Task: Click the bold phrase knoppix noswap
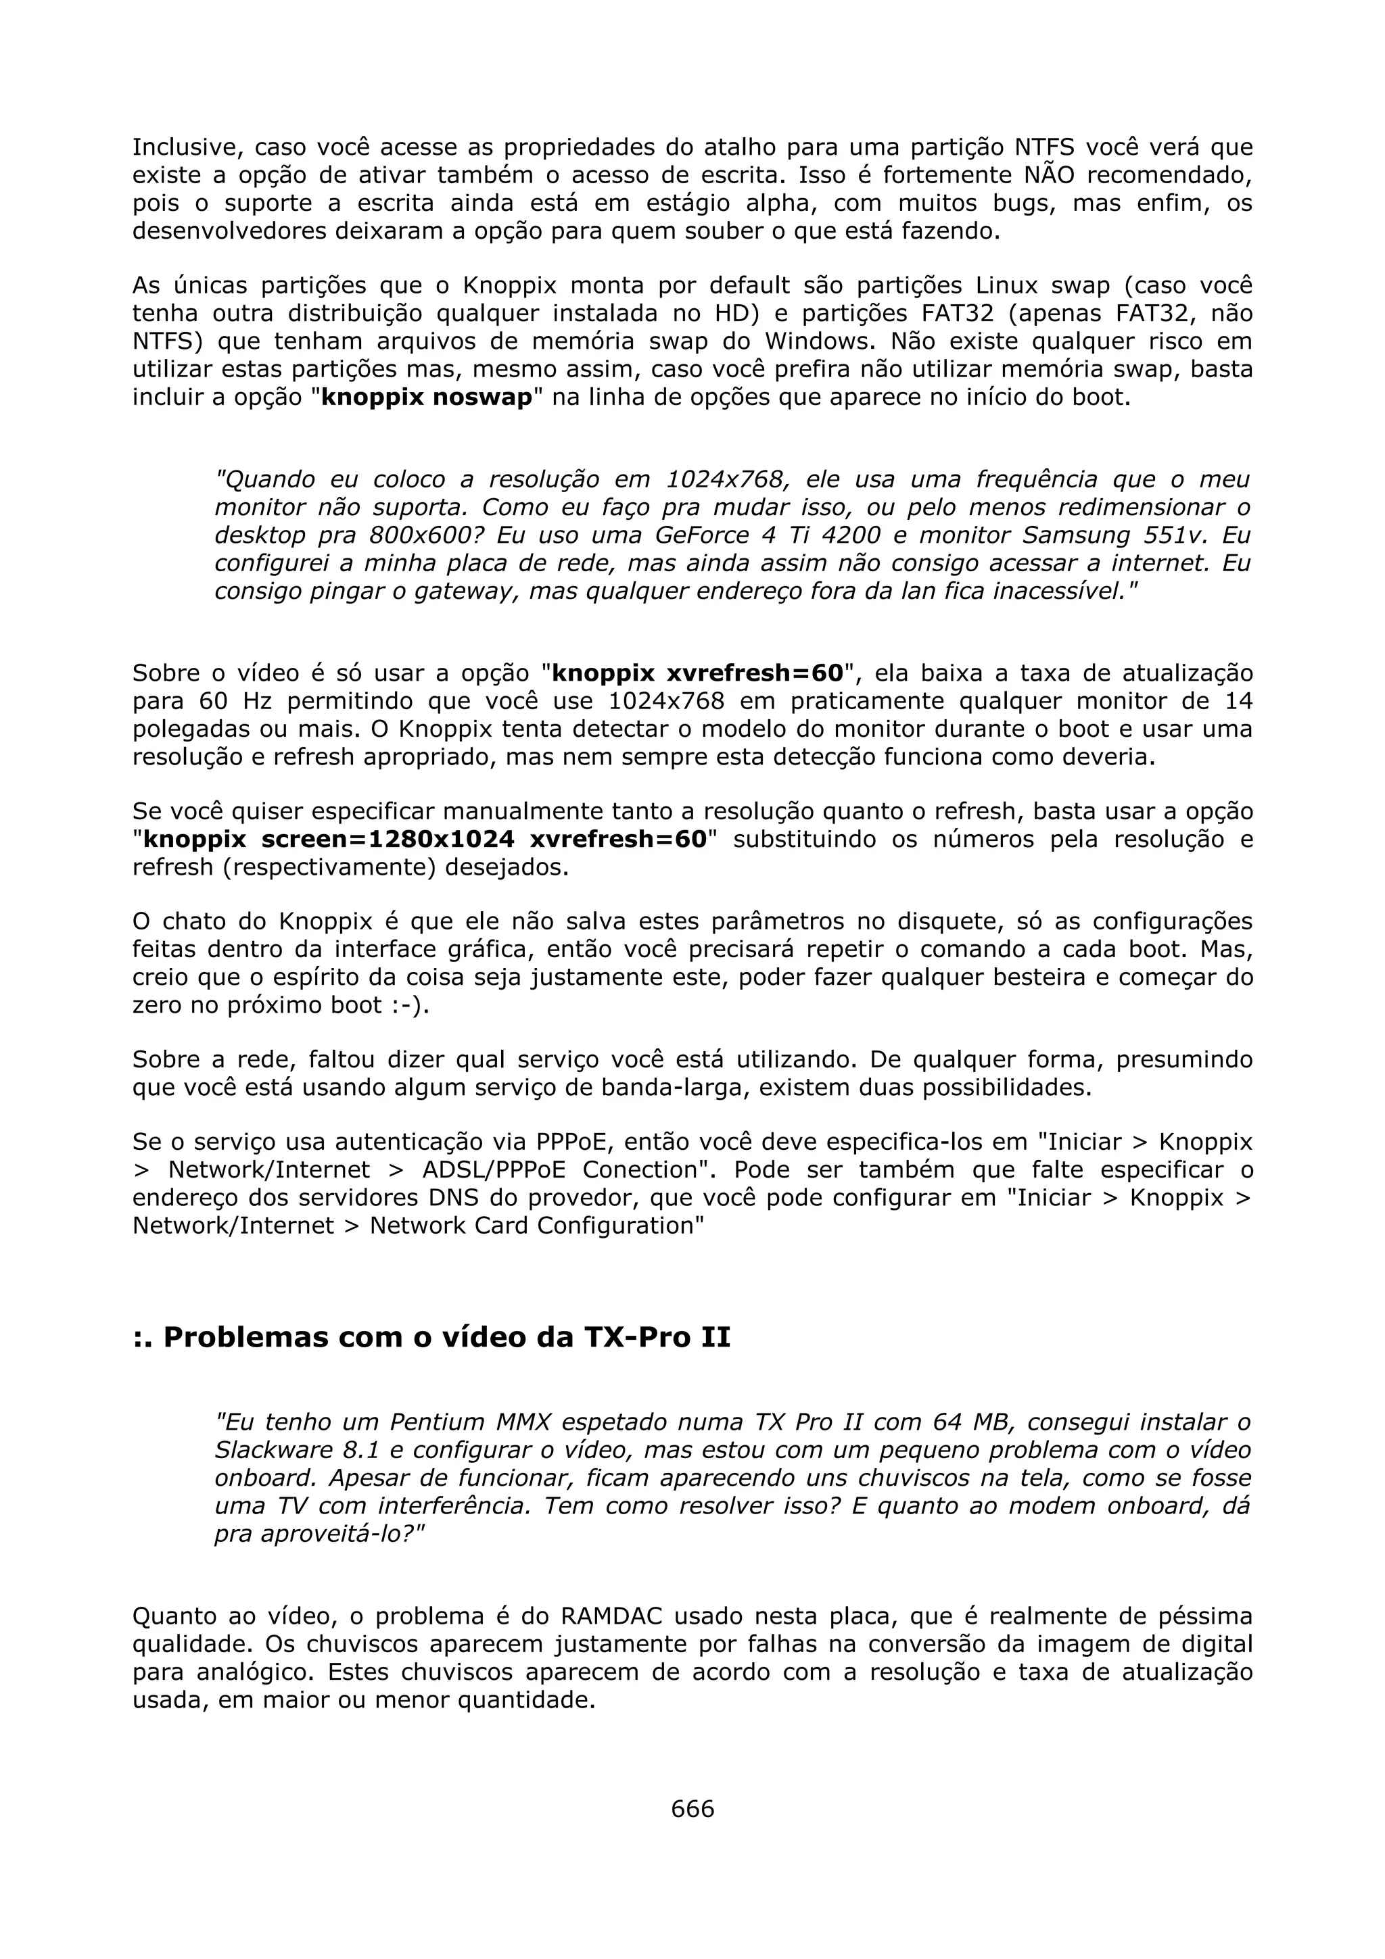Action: [427, 397]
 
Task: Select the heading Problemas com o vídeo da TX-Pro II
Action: [432, 1337]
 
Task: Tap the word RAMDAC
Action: [609, 1616]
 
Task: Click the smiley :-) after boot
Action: [408, 1005]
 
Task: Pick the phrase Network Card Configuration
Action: [537, 1226]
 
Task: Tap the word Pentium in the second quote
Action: [438, 1422]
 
